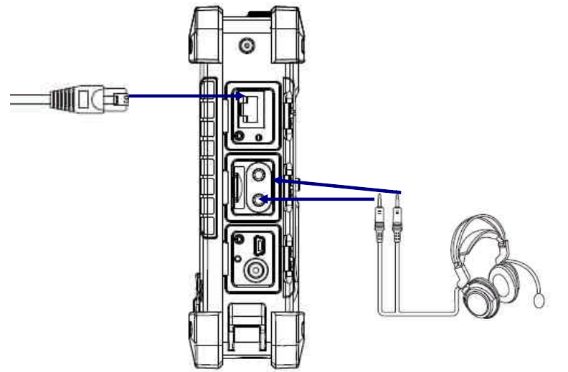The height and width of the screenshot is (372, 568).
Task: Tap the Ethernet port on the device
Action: (x=250, y=109)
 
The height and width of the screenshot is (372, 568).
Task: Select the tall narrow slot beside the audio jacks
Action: (x=236, y=189)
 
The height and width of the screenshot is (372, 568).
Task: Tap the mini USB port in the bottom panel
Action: (x=260, y=247)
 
